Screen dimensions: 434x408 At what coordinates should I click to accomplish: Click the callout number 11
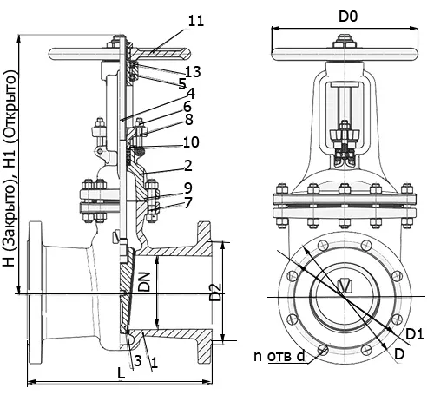(x=196, y=21)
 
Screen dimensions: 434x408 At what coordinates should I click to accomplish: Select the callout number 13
(x=193, y=71)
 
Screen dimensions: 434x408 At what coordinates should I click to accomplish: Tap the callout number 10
(x=191, y=142)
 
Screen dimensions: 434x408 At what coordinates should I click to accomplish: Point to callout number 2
(x=187, y=166)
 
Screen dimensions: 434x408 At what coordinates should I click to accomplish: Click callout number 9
(x=188, y=188)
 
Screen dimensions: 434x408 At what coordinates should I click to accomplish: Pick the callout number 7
(x=188, y=202)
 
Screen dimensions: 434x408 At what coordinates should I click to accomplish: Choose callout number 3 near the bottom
(x=138, y=361)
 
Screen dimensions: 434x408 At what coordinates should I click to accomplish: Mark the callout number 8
(x=189, y=120)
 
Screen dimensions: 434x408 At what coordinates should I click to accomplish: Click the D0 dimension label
(x=348, y=16)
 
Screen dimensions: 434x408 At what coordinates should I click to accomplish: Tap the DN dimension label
(x=144, y=281)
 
